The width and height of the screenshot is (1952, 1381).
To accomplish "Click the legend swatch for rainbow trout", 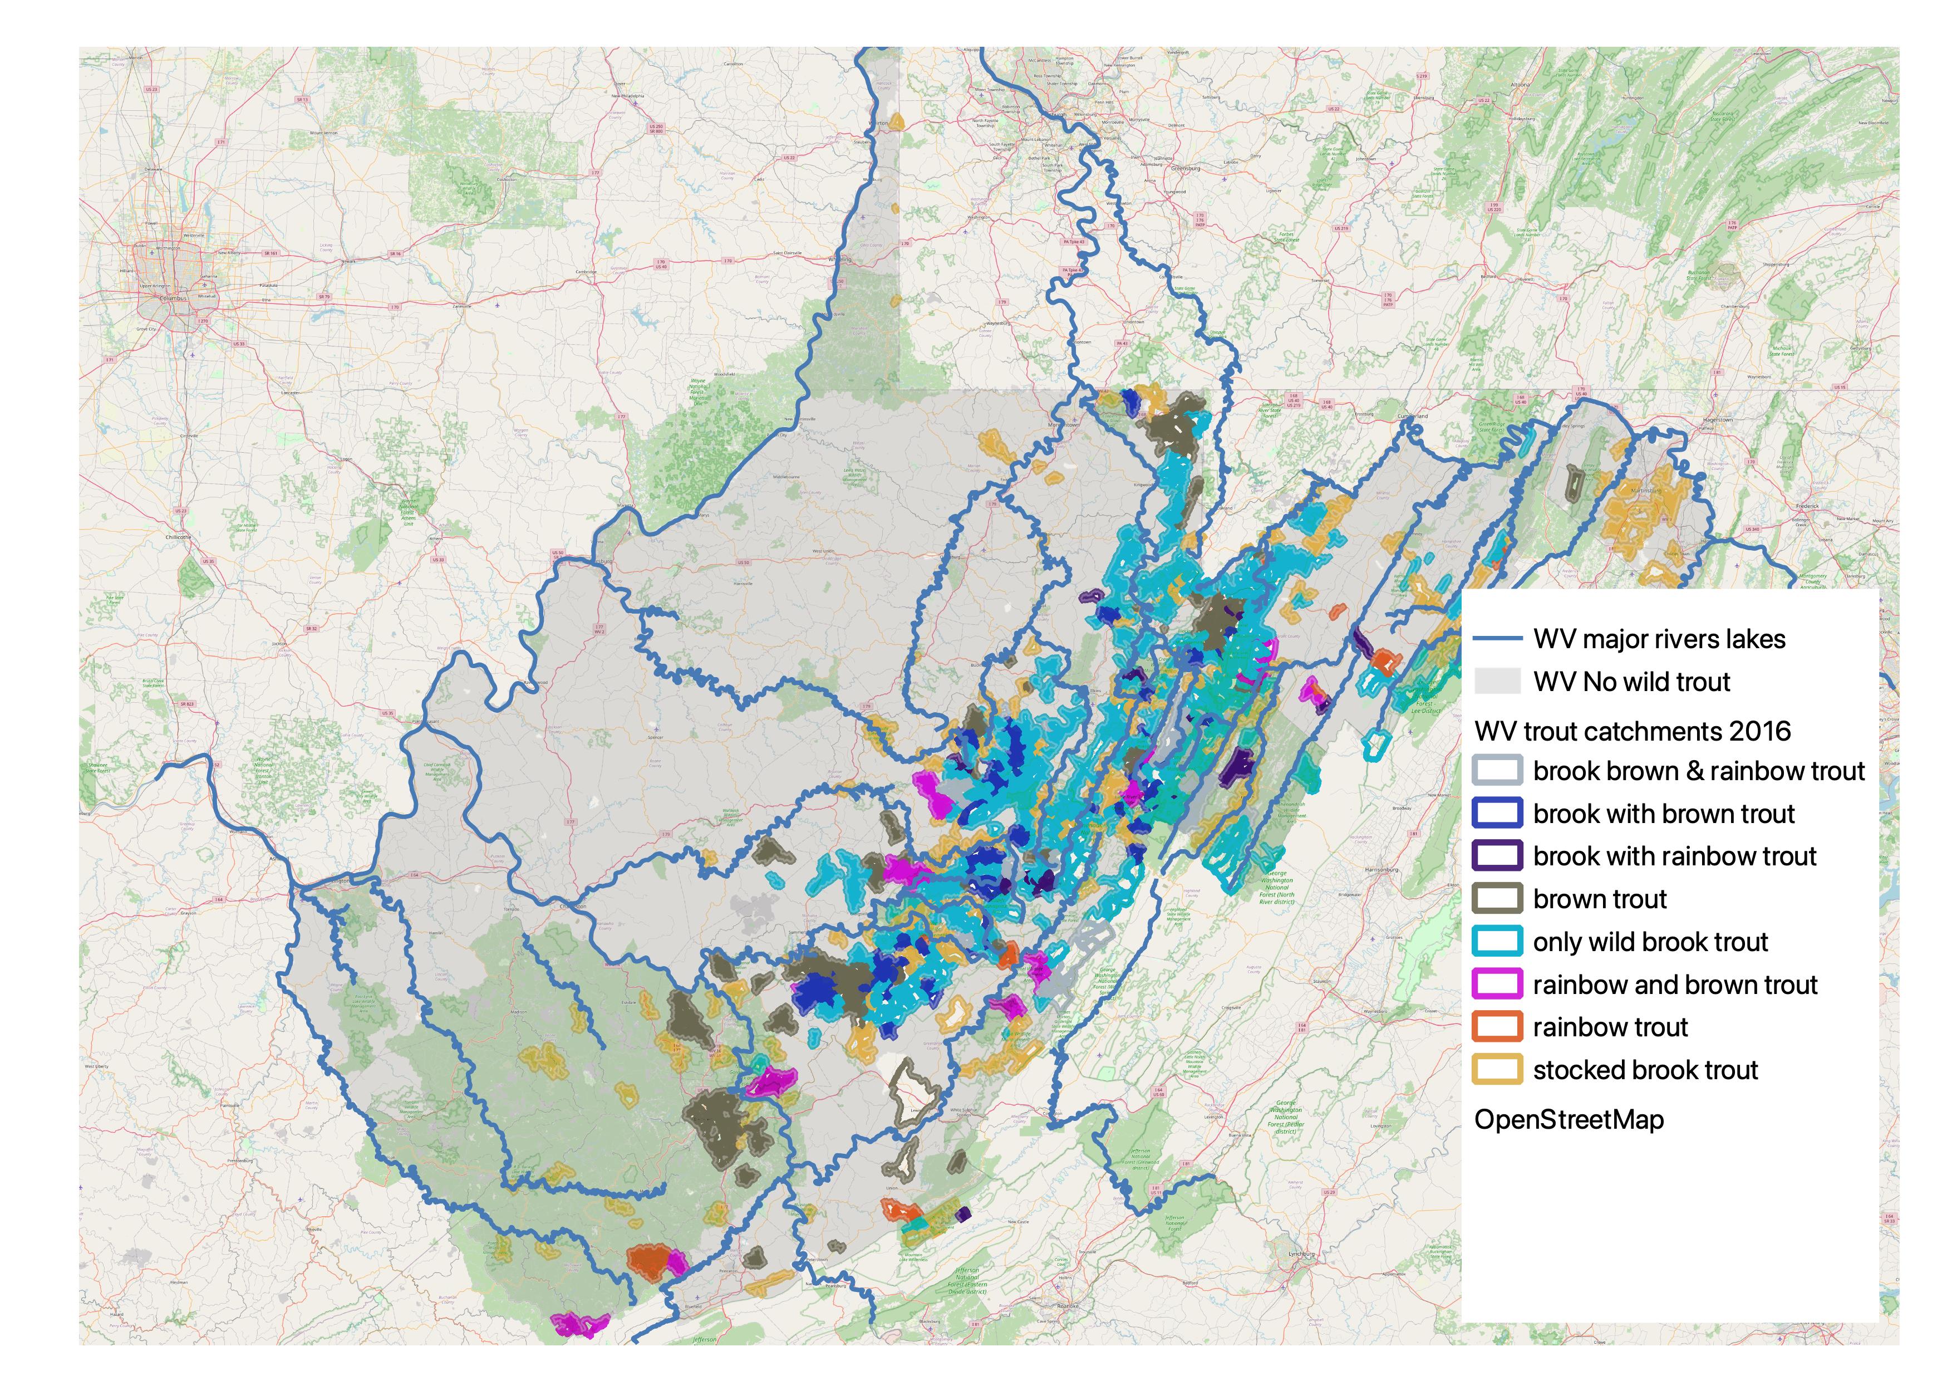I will point(1497,1027).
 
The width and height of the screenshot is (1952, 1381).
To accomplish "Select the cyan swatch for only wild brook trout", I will point(1497,942).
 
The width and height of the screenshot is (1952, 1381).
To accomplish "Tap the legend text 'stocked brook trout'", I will point(1645,1070).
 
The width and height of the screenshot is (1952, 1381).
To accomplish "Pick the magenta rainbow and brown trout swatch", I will point(1497,985).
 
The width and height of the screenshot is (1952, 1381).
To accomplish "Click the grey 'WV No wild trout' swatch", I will point(1497,681).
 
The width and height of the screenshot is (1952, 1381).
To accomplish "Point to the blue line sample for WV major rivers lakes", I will point(1497,639).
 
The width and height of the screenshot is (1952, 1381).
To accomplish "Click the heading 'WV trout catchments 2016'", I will point(1633,731).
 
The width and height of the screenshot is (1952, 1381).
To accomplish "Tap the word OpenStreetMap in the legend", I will point(1569,1120).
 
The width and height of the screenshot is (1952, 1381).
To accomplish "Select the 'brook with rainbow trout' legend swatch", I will point(1497,856).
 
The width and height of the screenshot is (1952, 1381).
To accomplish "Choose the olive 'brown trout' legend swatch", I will point(1497,899).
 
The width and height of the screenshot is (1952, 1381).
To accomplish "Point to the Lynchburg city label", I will point(1301,1253).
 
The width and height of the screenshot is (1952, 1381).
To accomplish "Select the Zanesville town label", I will point(461,305).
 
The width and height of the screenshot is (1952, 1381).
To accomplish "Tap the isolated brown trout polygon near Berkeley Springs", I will point(1575,483).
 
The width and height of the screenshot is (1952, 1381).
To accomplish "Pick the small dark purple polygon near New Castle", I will point(963,1215).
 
